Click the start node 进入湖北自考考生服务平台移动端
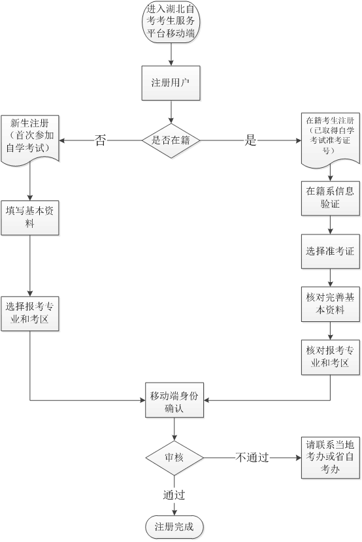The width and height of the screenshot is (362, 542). click(171, 23)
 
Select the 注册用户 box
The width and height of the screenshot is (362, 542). click(171, 84)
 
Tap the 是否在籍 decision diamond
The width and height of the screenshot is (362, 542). click(171, 140)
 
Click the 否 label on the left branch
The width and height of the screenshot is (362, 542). click(100, 140)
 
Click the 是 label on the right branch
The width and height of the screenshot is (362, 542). click(250, 140)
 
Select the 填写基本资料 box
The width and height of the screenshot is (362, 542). click(30, 217)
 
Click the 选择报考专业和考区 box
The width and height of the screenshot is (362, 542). click(30, 313)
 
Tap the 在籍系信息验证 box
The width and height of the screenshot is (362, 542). click(330, 198)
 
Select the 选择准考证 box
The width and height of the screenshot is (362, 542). click(330, 251)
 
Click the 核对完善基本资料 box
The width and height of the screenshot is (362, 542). click(330, 304)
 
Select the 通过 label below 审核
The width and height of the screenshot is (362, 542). click(174, 494)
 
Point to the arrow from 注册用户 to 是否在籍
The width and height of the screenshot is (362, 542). click(171, 112)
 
